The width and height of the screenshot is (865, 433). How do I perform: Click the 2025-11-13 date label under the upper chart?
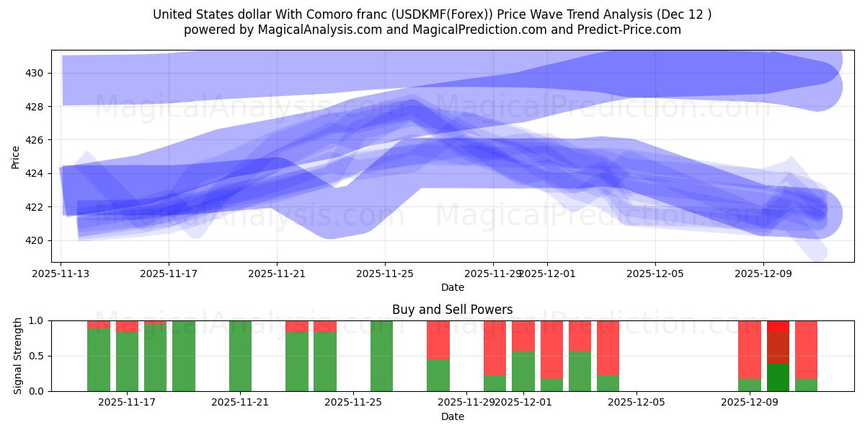click(x=61, y=274)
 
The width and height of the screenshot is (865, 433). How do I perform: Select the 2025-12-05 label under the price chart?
click(x=655, y=274)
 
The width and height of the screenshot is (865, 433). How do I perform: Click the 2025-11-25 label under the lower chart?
click(x=353, y=402)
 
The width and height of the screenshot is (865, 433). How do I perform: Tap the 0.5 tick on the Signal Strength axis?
click(x=37, y=356)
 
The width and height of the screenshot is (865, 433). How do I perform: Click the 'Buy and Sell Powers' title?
click(x=452, y=310)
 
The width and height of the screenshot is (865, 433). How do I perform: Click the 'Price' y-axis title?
click(x=16, y=156)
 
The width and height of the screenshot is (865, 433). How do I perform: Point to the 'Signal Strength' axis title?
click(x=18, y=356)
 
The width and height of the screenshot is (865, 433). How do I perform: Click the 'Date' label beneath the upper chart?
click(x=452, y=287)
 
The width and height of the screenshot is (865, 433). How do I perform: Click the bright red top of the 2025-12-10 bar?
click(x=778, y=326)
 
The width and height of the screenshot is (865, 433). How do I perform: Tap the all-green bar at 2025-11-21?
click(x=240, y=356)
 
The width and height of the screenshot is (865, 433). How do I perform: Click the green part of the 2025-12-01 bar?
click(x=523, y=371)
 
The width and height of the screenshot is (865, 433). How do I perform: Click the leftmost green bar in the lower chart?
click(x=99, y=359)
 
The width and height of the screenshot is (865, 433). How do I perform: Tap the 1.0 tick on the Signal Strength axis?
click(x=37, y=320)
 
